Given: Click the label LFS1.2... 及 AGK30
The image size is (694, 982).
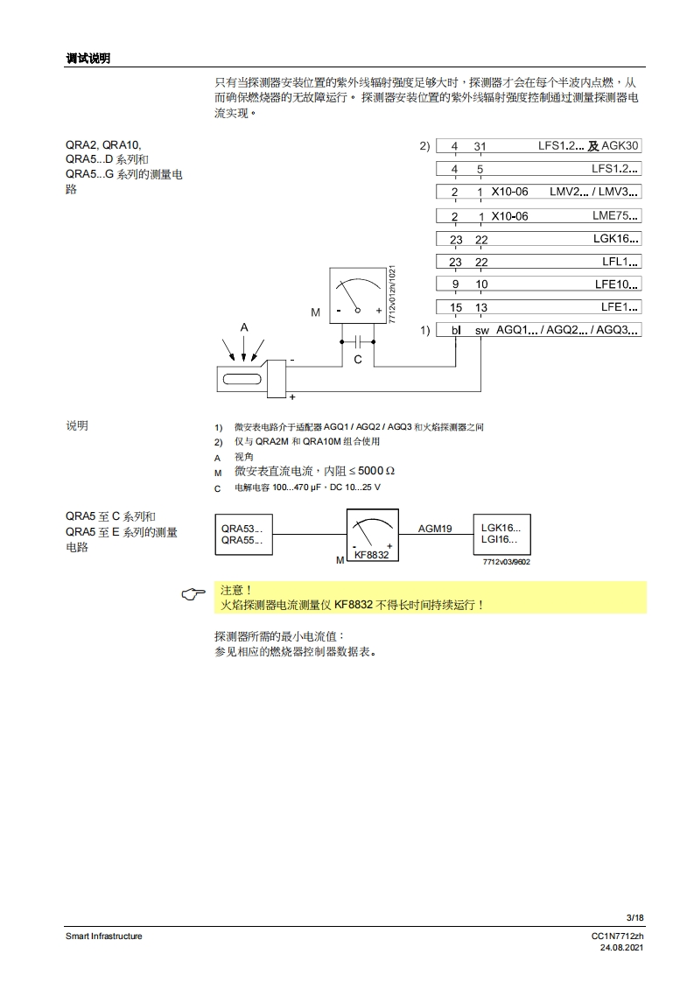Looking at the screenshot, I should pos(588,146).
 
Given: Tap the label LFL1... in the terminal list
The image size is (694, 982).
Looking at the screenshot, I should pos(620,261).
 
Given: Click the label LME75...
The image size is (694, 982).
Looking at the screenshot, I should pos(615,215).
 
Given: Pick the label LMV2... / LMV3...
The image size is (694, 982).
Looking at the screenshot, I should pos(594,192).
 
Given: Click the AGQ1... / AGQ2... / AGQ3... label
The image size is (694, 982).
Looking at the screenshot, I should pos(568,330).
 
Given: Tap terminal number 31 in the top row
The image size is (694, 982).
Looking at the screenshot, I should pos(480,146).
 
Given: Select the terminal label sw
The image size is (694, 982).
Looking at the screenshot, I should pos(482,331).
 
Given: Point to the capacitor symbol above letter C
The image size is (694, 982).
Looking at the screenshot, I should pos(358,341).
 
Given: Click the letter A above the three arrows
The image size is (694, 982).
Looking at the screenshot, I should pos(244,327).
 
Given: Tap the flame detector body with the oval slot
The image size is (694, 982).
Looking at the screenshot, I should pos(249,379).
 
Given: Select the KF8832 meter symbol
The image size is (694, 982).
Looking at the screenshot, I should pos(372,537).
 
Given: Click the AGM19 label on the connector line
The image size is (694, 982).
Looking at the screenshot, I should pos(435,529).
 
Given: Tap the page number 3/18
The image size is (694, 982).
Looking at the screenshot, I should pos(635,917).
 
